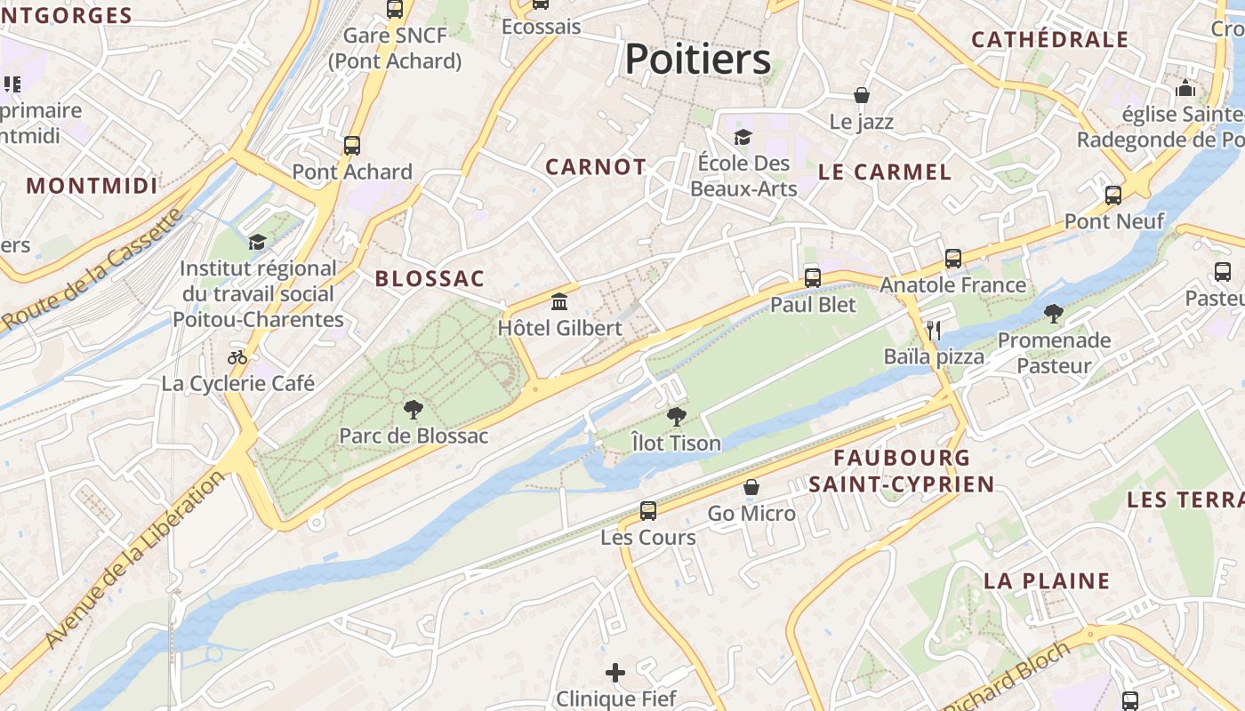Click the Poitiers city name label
(697, 60)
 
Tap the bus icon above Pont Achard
(352, 146)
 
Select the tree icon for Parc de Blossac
(413, 410)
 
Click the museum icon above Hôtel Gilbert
(559, 302)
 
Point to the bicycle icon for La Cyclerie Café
(237, 357)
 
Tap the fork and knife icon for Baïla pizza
(933, 331)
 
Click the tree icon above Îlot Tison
(676, 416)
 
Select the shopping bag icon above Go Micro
(751, 488)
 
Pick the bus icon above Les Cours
(648, 511)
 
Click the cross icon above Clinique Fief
(615, 673)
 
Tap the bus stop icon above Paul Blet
(812, 278)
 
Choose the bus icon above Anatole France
(953, 259)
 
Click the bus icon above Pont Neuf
(1113, 196)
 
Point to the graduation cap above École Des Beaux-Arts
(743, 137)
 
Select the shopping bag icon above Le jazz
(861, 95)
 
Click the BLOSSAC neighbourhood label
(430, 279)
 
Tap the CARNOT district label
(596, 167)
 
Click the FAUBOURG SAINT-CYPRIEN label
(902, 471)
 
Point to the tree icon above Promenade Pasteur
(1054, 313)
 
